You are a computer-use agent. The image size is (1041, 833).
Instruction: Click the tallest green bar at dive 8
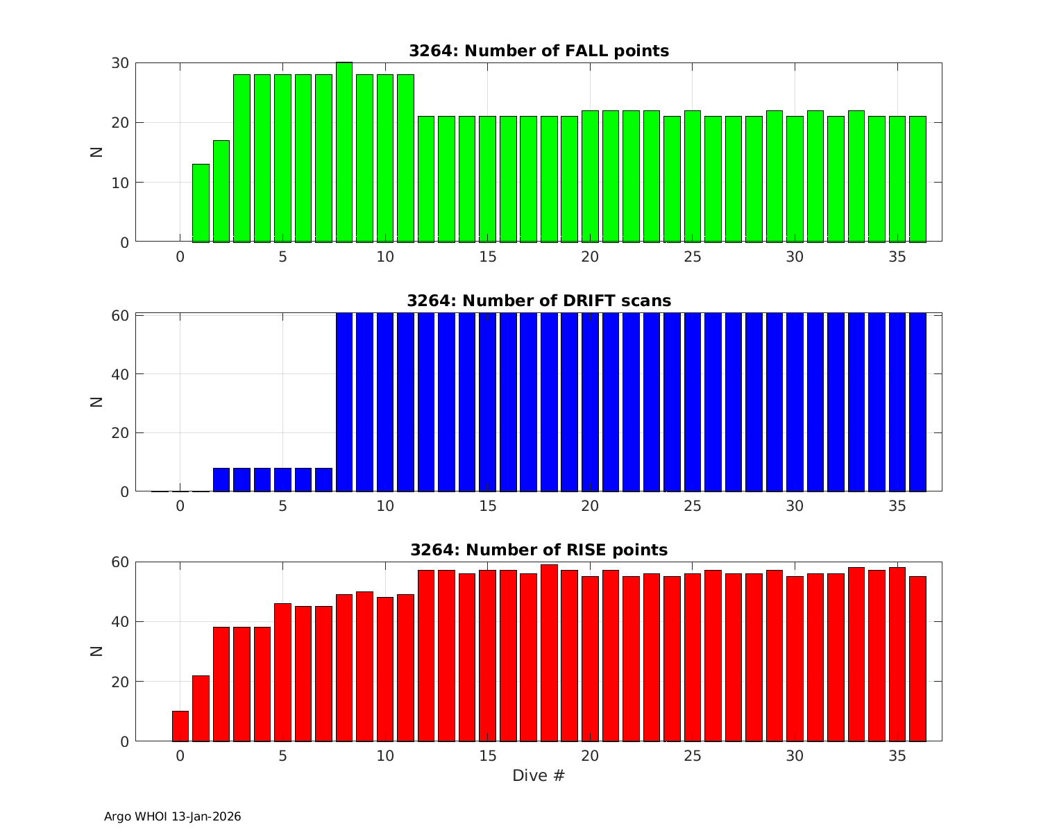[344, 153]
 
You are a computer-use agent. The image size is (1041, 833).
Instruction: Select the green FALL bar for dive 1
[201, 203]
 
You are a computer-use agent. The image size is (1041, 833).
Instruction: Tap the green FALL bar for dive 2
[221, 192]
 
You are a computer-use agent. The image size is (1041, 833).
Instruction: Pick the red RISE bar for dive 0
[180, 726]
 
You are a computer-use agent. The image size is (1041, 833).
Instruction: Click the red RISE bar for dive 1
[201, 708]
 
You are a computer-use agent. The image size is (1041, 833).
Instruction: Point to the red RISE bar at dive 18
[549, 653]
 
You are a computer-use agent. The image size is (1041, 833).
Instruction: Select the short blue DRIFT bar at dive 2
[221, 480]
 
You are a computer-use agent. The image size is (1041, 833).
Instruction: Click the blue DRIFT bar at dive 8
[344, 403]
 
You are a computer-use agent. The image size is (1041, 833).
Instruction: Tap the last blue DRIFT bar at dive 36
[917, 403]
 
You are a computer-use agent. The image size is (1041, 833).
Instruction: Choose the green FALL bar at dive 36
[917, 179]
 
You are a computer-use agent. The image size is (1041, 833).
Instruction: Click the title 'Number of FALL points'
[539, 51]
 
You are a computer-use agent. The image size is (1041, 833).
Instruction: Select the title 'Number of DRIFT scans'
[539, 301]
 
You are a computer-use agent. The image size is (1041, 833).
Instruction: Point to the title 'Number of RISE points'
[539, 550]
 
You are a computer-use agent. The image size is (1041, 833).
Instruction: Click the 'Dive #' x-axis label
[539, 775]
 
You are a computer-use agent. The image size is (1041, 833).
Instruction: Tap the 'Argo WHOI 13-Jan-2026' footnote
[173, 816]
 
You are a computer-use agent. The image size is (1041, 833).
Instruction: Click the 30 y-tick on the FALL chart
[120, 63]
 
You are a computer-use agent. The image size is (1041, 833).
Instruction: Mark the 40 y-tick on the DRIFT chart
[120, 374]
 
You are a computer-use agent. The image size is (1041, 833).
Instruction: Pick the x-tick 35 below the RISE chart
[897, 756]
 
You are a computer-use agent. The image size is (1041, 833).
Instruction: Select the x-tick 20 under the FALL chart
[590, 257]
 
